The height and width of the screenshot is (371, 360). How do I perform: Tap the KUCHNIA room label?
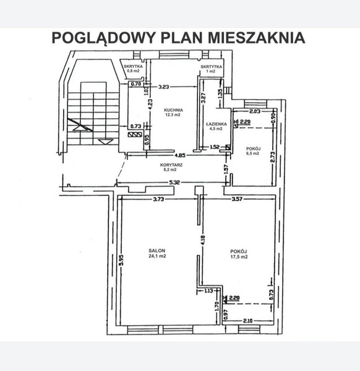173,110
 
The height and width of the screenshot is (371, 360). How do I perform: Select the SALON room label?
157,250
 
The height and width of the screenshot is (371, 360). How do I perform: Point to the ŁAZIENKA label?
216,124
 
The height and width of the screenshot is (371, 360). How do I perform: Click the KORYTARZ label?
171,165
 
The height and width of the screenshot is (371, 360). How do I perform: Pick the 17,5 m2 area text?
239,257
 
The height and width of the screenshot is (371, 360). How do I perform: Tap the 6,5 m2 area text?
253,153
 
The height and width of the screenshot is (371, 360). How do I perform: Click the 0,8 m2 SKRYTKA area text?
133,70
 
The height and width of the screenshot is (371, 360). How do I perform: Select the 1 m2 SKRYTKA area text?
210,71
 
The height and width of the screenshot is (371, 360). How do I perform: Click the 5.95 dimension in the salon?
121,260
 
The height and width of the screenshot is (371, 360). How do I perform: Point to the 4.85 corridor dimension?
180,155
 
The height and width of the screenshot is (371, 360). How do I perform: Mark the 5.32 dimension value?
174,182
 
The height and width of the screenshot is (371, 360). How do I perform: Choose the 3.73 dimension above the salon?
158,199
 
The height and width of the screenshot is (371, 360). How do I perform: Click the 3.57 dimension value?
237,199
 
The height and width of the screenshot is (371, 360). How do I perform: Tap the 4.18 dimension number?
203,241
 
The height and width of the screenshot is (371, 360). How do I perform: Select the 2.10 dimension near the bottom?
248,321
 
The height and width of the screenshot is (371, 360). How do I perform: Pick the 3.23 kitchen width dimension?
164,87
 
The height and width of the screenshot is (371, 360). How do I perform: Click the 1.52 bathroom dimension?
215,147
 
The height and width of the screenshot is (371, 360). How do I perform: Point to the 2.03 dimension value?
255,111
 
